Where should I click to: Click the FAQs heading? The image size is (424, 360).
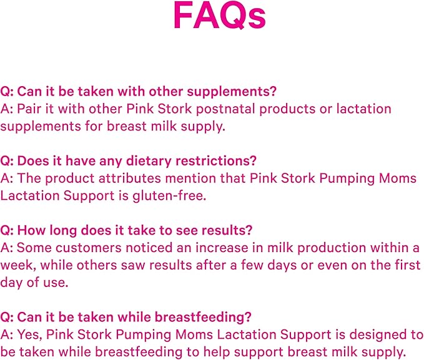pyautogui.click(x=219, y=17)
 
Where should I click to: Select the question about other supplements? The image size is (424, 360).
pyautogui.click(x=138, y=91)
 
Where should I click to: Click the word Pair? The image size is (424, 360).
pyautogui.click(x=29, y=109)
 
